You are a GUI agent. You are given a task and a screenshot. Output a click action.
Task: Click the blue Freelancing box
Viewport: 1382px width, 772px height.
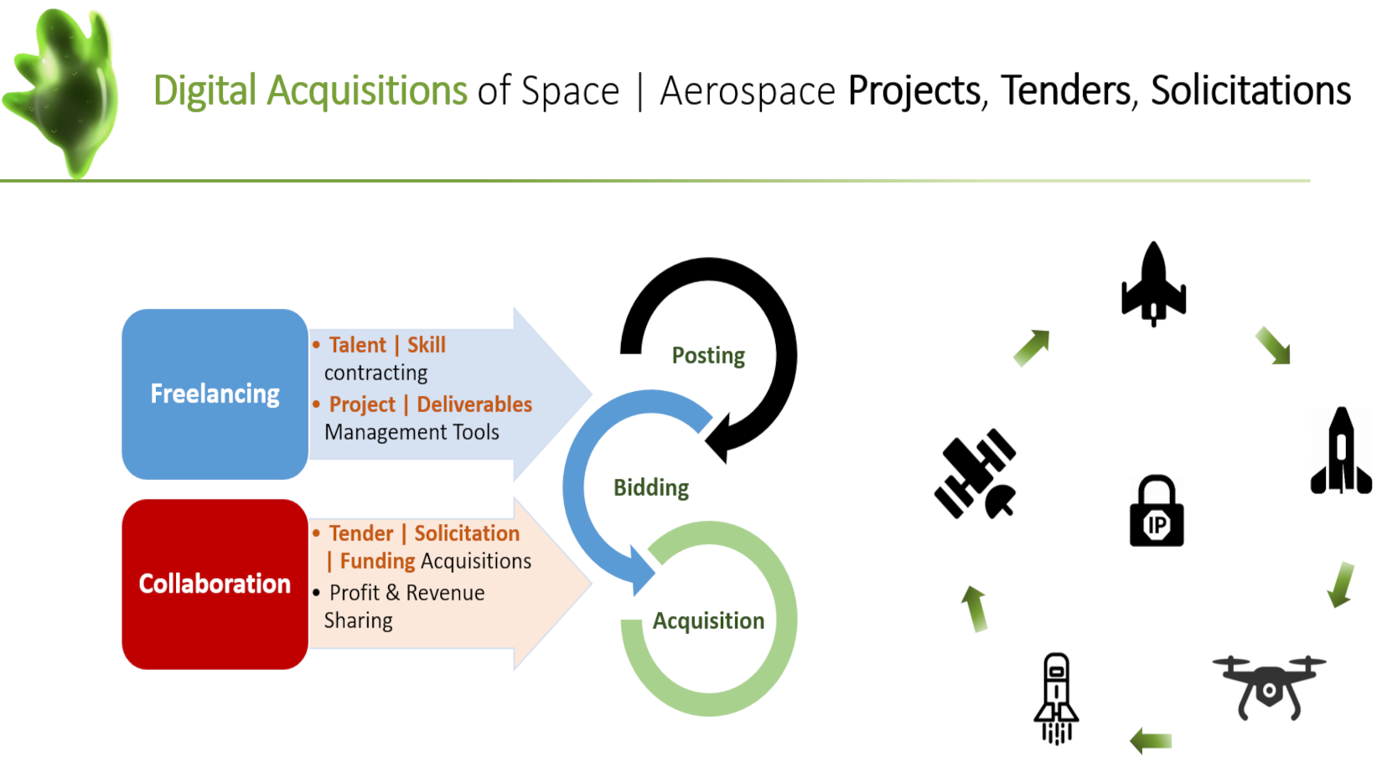click(x=215, y=394)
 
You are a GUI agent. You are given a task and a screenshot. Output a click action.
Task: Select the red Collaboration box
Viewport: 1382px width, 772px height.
click(x=215, y=584)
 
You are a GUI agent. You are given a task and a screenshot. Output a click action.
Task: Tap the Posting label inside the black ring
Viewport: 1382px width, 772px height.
click(x=708, y=356)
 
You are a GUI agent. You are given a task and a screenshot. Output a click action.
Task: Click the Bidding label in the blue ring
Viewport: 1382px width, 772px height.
click(x=651, y=488)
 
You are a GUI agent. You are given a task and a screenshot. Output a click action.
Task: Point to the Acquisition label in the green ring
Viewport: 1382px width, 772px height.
click(x=708, y=621)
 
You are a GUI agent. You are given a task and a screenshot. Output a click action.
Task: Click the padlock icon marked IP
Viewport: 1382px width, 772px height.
click(x=1157, y=511)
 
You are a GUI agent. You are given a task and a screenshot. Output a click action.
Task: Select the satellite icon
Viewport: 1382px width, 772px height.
click(x=975, y=474)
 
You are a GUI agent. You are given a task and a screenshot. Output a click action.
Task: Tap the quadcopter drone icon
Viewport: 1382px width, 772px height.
click(x=1269, y=687)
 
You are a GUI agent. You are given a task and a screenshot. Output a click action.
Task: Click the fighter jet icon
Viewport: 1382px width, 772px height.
click(x=1153, y=284)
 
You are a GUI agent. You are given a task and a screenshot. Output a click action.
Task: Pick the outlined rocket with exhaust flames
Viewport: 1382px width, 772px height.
click(x=1056, y=698)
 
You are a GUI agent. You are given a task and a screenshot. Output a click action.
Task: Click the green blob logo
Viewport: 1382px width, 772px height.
click(x=62, y=92)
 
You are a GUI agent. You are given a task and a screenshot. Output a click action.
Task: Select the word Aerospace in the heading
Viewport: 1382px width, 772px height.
click(x=747, y=91)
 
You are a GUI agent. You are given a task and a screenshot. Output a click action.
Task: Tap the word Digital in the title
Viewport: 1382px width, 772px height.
click(x=204, y=90)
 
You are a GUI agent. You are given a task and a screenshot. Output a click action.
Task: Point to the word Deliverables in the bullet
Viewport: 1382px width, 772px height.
click(x=474, y=404)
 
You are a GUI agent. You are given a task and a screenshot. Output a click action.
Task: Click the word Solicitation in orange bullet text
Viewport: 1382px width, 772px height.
click(x=467, y=533)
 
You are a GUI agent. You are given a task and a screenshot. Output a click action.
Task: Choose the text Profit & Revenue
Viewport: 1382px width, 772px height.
click(x=407, y=593)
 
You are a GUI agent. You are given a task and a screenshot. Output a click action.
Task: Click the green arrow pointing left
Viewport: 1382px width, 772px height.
click(x=1151, y=740)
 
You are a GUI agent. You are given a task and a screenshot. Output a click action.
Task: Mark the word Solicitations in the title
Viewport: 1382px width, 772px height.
click(x=1250, y=90)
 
